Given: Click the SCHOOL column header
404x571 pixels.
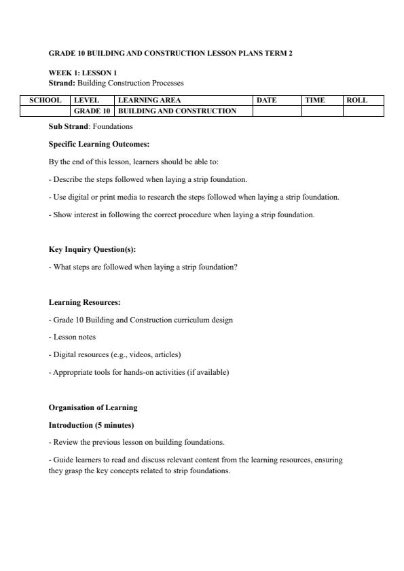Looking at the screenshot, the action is (x=45, y=100).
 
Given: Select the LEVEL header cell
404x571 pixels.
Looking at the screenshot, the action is (x=86, y=100).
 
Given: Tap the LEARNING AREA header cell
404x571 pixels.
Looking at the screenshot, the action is (x=149, y=100).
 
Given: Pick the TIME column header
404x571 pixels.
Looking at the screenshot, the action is (x=315, y=100).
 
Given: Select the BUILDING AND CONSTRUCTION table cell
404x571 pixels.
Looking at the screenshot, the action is (x=177, y=111).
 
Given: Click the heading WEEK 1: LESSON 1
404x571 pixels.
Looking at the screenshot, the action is (x=83, y=73).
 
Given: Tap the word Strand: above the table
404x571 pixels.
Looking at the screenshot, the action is (x=62, y=83).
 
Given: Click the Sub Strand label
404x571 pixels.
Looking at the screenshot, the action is (x=69, y=126).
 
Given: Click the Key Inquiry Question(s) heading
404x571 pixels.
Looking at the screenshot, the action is (x=92, y=249).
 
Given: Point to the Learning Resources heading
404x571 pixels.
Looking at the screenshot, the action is (x=84, y=302).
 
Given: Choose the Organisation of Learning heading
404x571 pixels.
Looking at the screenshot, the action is (x=93, y=407).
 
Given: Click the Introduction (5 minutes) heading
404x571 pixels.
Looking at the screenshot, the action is (x=91, y=425).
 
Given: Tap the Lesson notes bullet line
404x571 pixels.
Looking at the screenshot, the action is (x=73, y=337).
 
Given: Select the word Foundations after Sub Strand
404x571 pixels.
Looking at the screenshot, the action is (x=113, y=126).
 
